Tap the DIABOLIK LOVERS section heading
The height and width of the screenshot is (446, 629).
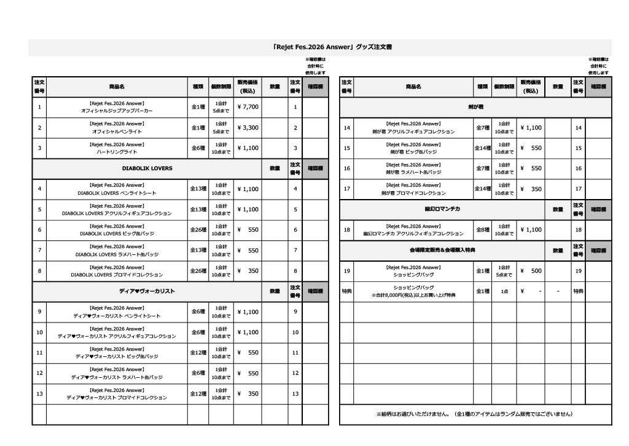coord(147,168)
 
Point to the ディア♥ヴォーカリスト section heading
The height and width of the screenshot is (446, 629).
coord(147,291)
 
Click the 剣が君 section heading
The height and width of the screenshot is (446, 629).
coord(476,107)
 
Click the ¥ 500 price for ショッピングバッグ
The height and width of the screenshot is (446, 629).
coord(531,271)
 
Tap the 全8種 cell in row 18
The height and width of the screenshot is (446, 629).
coord(483,230)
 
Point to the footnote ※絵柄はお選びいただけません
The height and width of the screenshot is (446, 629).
coord(475,414)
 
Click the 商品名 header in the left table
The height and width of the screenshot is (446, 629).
coord(117,87)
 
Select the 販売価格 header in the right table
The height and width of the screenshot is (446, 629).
coord(531,87)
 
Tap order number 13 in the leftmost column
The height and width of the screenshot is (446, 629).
coord(39,394)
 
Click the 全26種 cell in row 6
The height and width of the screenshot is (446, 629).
coord(198,230)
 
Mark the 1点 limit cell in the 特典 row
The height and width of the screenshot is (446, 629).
coord(504,291)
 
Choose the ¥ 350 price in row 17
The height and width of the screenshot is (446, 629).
coord(531,189)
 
